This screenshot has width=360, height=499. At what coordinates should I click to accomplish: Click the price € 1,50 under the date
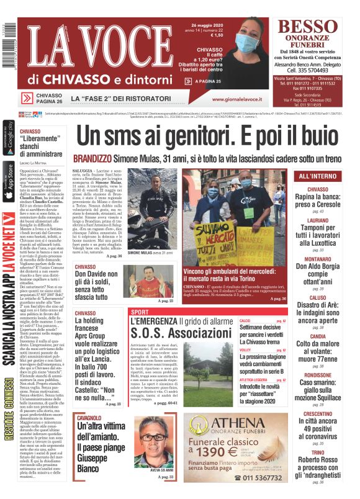click(x=217, y=35)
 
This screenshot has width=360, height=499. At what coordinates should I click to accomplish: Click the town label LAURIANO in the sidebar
click(x=318, y=220)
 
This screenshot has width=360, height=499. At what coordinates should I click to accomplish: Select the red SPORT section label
click(x=140, y=312)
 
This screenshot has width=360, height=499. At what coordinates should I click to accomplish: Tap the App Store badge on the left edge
click(x=8, y=180)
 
